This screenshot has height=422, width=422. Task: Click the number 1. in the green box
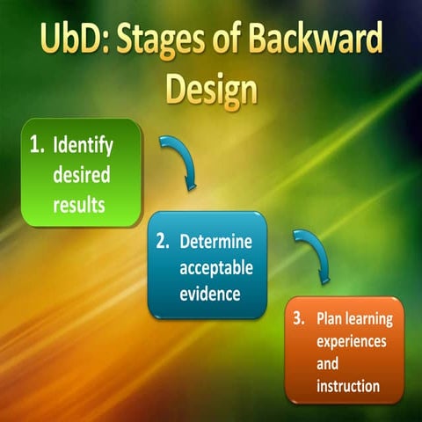[x=37, y=144]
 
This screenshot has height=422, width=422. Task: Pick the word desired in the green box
[x=82, y=174]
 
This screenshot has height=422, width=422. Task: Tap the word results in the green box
[x=81, y=204]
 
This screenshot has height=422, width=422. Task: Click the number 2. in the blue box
[x=163, y=241]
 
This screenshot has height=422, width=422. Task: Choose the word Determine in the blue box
[x=215, y=241]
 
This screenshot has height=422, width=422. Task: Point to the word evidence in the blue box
[x=210, y=294]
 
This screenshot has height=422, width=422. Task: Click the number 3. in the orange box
[x=300, y=319]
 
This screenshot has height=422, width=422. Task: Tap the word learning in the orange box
[x=371, y=319]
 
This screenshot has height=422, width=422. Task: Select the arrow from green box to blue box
[x=180, y=164]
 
